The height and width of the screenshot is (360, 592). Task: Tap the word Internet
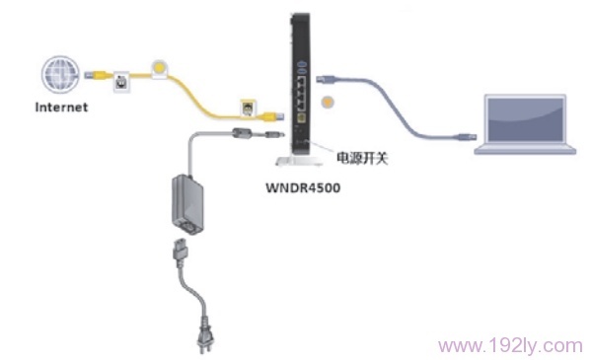tap(61, 105)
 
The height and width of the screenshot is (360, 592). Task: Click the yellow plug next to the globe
tap(98, 73)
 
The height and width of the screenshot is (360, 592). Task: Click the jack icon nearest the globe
tap(121, 81)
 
